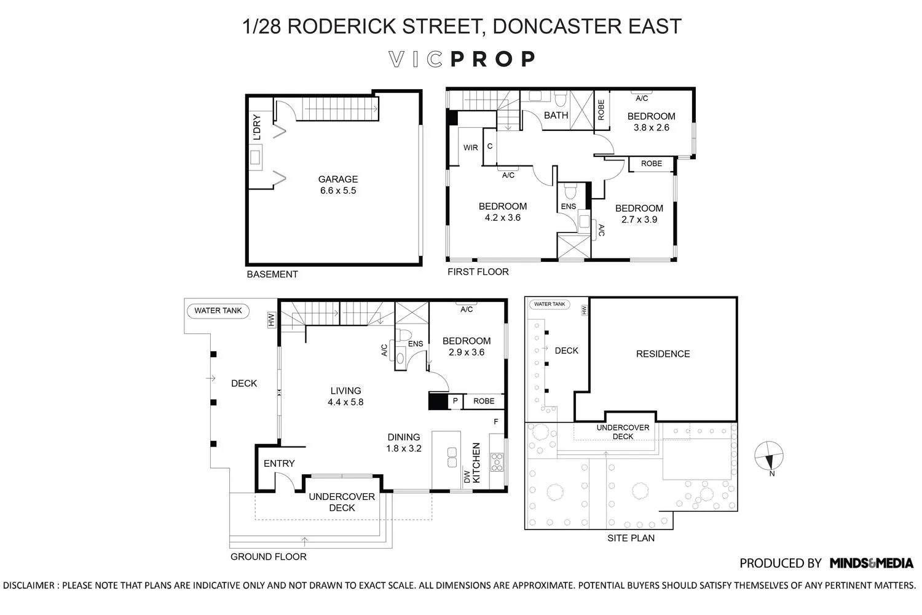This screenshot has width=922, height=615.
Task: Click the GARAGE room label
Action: pyautogui.click(x=337, y=180)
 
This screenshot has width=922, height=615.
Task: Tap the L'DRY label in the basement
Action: pyautogui.click(x=257, y=127)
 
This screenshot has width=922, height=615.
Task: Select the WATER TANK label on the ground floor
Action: pyautogui.click(x=218, y=311)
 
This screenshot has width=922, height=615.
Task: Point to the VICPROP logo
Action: pyautogui.click(x=462, y=59)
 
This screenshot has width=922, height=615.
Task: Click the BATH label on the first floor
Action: pyautogui.click(x=556, y=115)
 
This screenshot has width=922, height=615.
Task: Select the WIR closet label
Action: pyautogui.click(x=470, y=148)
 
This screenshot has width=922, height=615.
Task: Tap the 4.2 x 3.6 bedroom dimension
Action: pyautogui.click(x=502, y=218)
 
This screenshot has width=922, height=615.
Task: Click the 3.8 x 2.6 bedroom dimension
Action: pyautogui.click(x=651, y=128)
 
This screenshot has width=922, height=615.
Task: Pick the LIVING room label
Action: pyautogui.click(x=345, y=391)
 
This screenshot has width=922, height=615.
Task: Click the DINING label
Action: pyautogui.click(x=403, y=437)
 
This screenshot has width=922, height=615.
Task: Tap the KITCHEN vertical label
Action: pyautogui.click(x=476, y=463)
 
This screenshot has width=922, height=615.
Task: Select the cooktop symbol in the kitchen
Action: pyautogui.click(x=497, y=462)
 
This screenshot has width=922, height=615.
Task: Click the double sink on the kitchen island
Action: pyautogui.click(x=452, y=458)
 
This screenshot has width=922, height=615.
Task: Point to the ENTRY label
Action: pyautogui.click(x=279, y=463)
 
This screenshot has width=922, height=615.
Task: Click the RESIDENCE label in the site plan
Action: pyautogui.click(x=663, y=354)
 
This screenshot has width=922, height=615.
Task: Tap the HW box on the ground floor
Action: pyautogui.click(x=270, y=320)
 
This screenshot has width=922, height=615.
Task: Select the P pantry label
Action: pyautogui.click(x=455, y=401)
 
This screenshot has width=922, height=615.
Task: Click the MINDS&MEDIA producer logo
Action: pyautogui.click(x=871, y=563)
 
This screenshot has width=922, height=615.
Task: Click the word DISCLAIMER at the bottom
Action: pyautogui.click(x=30, y=585)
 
